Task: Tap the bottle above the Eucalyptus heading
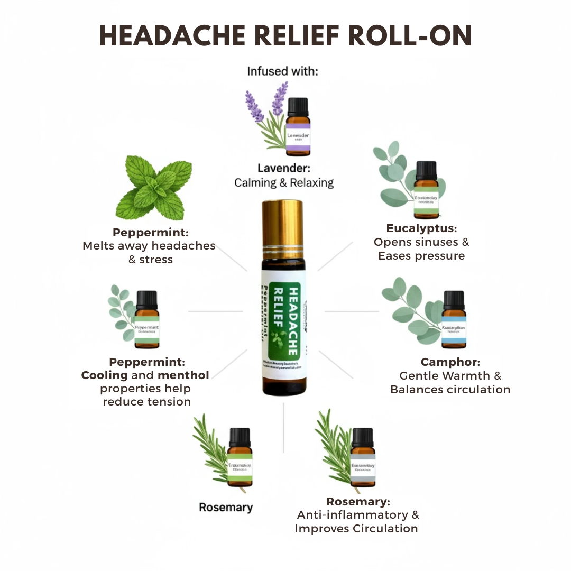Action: (x=426, y=190)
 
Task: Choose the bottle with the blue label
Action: (x=454, y=319)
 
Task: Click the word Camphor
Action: (x=450, y=362)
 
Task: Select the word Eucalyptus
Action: (x=421, y=228)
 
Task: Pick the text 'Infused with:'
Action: (x=283, y=71)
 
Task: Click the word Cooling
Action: (x=104, y=375)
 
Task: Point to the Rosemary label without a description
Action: (x=226, y=507)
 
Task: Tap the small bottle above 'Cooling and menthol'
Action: (x=146, y=319)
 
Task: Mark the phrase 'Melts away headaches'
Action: (x=149, y=246)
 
